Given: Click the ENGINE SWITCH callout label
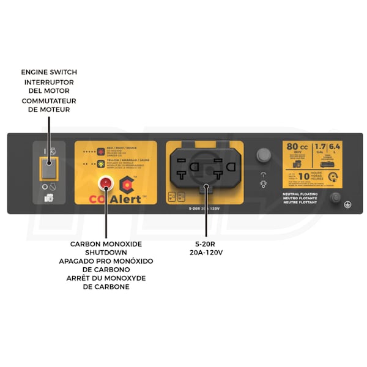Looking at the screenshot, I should [x=49, y=72].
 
